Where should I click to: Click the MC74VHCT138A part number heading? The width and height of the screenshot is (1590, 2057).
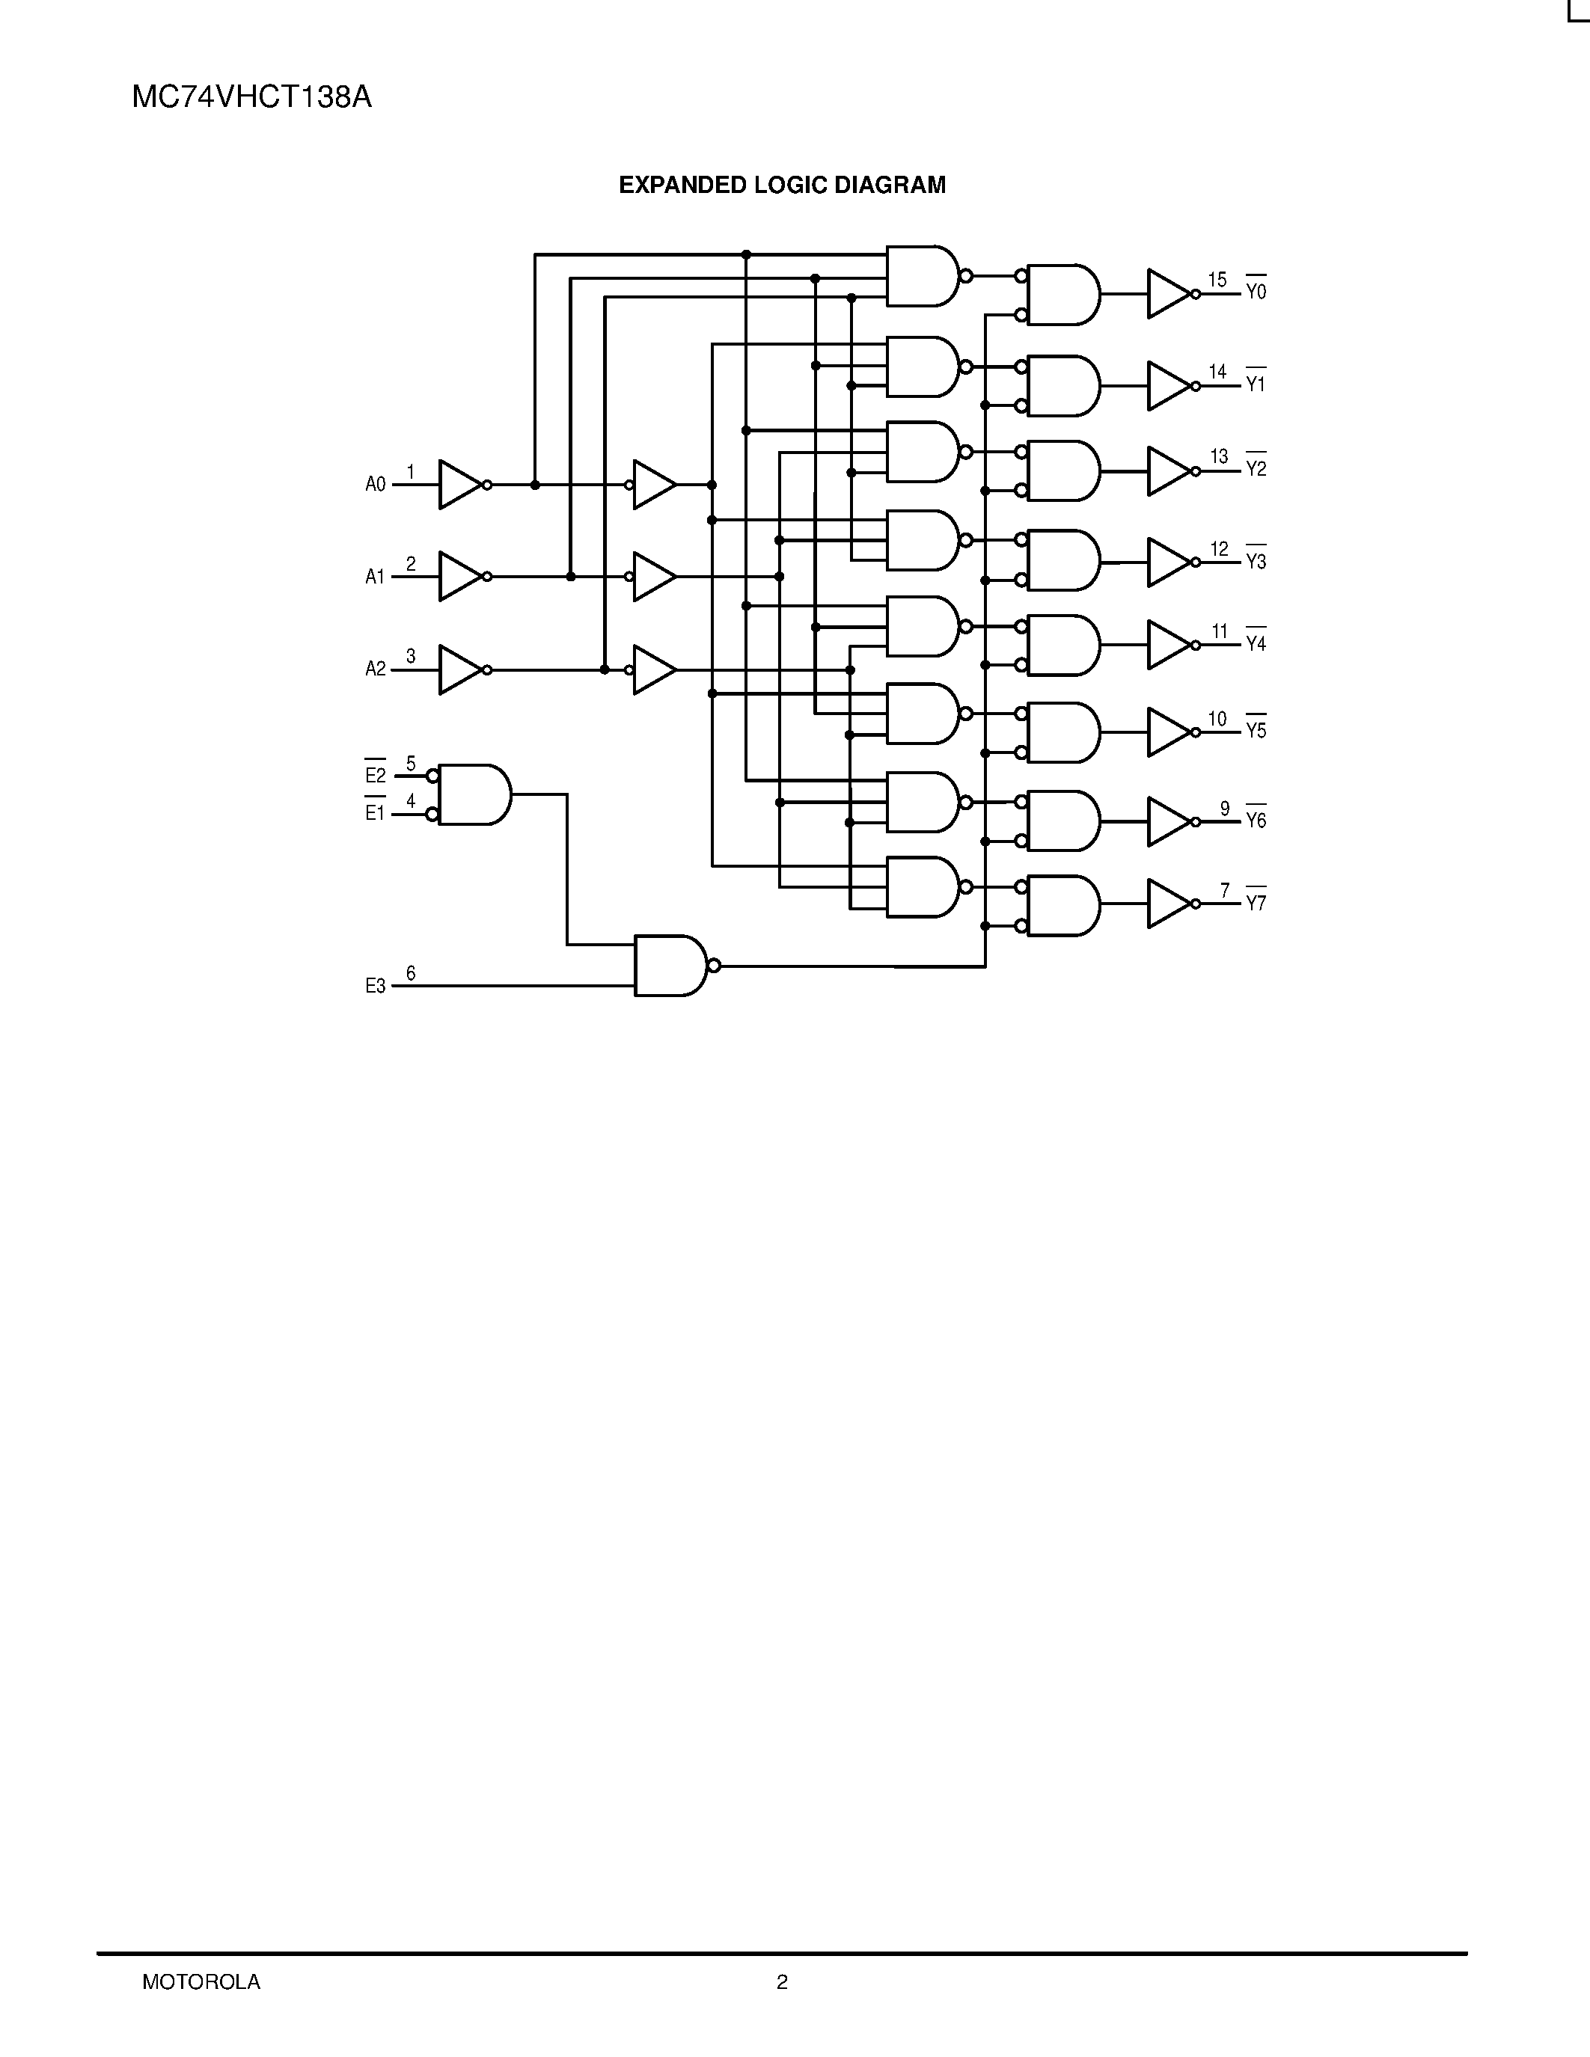pos(251,98)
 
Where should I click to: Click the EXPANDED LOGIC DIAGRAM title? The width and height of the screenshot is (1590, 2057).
pos(782,186)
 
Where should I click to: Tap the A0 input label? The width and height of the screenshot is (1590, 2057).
pos(375,485)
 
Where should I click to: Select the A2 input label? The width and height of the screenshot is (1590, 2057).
pos(375,669)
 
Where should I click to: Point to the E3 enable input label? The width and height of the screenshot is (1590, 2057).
pos(375,986)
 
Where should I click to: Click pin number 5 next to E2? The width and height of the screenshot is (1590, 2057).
pos(411,764)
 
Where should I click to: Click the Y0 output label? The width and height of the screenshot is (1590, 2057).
pos(1256,292)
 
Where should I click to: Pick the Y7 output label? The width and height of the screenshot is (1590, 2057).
pos(1256,904)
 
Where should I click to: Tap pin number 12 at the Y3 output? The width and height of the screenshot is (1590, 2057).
pos(1219,549)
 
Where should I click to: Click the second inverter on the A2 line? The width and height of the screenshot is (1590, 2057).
pos(654,669)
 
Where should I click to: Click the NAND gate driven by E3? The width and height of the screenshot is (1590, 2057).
pos(670,966)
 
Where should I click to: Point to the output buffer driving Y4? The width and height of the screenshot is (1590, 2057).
pos(1168,646)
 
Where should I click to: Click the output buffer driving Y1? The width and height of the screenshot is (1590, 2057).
pos(1168,386)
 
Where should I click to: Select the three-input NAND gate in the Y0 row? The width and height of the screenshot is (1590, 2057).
pos(922,276)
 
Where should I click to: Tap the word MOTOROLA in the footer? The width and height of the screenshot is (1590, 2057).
pos(201,1981)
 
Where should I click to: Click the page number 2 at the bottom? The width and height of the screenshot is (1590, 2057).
pos(782,1981)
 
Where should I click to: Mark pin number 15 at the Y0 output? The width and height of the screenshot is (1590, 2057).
pos(1217,280)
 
